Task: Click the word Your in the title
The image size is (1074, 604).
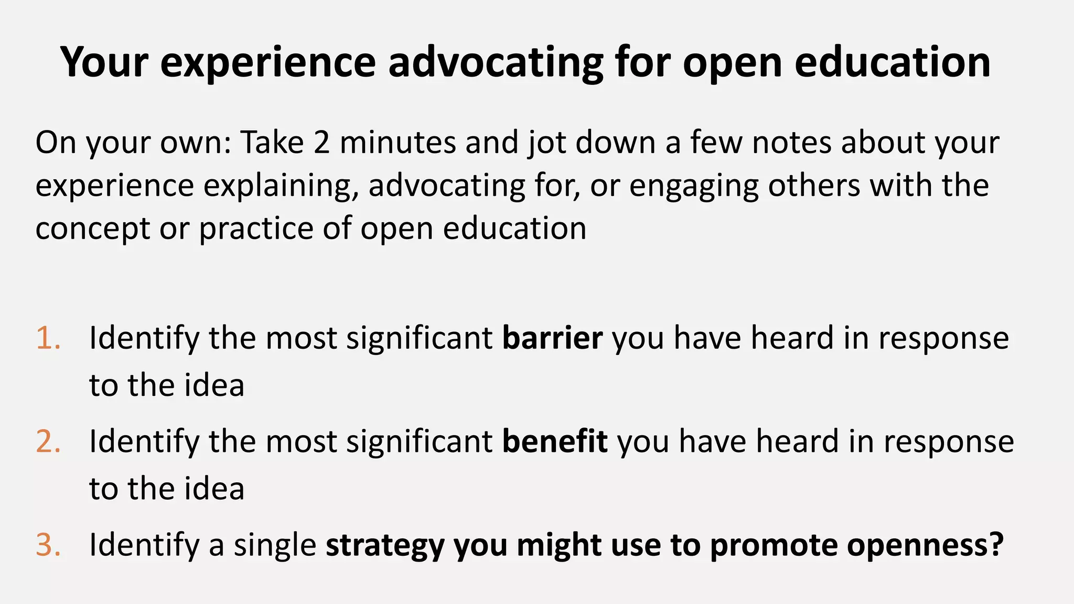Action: tap(104, 62)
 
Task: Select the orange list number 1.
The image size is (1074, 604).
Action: tap(48, 338)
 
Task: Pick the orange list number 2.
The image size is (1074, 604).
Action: tap(48, 441)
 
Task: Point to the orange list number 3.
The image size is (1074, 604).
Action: tap(48, 544)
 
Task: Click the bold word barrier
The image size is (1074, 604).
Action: tap(552, 338)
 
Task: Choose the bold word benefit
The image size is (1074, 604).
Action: tap(555, 441)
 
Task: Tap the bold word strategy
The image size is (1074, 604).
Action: tap(385, 545)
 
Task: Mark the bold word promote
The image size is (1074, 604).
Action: tap(774, 545)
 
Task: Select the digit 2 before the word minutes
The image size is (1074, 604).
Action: tap(321, 142)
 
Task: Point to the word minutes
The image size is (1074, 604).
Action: tap(398, 142)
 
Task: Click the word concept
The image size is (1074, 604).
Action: tap(92, 229)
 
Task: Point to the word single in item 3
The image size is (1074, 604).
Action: tap(275, 545)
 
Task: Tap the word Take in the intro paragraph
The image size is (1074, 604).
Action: tap(272, 142)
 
